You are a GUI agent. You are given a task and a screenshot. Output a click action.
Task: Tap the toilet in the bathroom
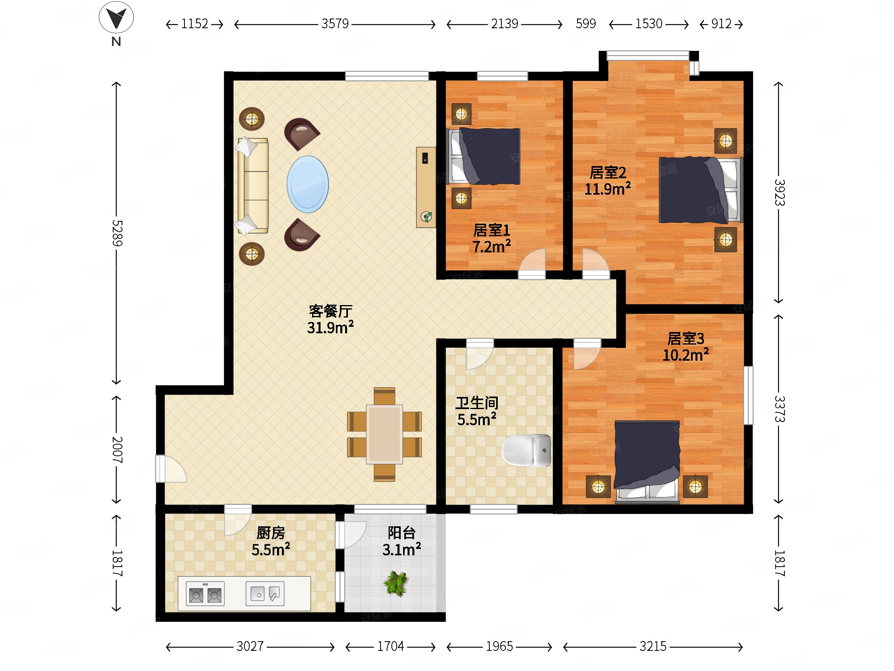point(526,450)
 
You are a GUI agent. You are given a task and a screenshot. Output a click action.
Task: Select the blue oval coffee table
point(308,185)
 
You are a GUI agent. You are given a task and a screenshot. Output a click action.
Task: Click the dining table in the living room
point(384,434)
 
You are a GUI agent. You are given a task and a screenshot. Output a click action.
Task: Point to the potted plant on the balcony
point(396,583)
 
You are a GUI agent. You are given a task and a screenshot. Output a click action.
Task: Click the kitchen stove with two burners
point(205,593)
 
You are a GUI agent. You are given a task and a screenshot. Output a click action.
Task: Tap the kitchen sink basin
point(265,593)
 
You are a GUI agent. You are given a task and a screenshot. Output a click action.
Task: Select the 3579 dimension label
point(335,24)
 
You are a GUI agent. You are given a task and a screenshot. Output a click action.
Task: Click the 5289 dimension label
point(117,233)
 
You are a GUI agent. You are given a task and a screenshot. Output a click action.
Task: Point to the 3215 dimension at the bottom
point(653,646)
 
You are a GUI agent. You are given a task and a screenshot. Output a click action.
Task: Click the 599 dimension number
point(586,24)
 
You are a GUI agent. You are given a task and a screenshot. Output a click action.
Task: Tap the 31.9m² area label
point(330,327)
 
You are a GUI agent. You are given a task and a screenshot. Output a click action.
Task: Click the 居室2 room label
point(608,173)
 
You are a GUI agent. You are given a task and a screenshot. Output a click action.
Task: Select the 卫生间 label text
point(477,403)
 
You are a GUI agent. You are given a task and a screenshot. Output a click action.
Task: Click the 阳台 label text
point(401,533)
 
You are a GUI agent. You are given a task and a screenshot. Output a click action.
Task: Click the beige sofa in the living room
point(252,186)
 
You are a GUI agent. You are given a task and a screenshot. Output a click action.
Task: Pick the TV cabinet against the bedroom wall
point(426,187)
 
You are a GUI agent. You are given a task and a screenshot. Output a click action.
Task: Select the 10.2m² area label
point(685,355)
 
